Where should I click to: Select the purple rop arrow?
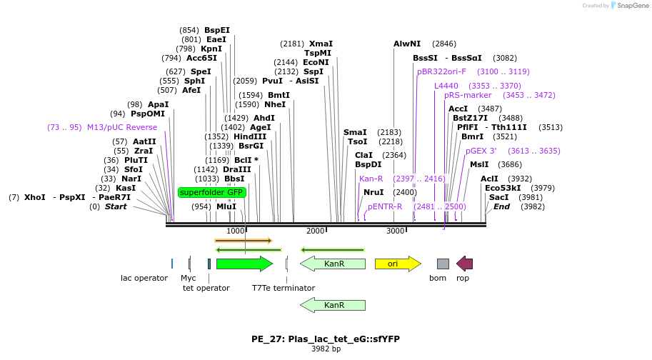coord(465,264)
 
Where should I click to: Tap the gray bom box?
coord(443,264)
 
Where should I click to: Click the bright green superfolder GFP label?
coord(211,192)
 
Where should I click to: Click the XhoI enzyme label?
coord(34,197)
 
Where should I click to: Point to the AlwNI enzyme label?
coord(407,44)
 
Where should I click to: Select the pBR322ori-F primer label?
coord(441,71)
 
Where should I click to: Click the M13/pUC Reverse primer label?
coord(122,127)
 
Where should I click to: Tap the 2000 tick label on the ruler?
coord(315,231)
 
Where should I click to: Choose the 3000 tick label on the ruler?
coord(395,231)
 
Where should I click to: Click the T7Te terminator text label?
coord(283,288)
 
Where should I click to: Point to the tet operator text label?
coord(206,288)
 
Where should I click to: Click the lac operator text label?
coord(144,278)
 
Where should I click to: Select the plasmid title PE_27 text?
coord(326,339)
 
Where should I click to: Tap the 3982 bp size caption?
coord(326,349)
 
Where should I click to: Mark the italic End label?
coord(501,207)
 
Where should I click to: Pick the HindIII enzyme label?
coord(249,136)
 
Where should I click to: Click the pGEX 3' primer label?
coord(481,151)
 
